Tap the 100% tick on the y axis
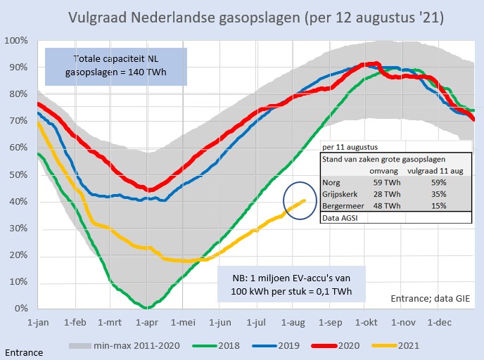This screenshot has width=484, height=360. [15, 40]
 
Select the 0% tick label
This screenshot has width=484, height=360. [19, 309]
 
